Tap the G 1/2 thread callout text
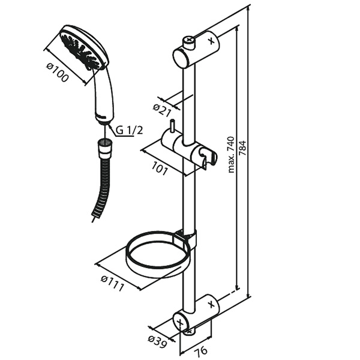click(x=129, y=130)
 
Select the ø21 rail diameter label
click(x=163, y=110)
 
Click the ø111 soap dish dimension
click(x=112, y=283)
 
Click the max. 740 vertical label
click(x=231, y=155)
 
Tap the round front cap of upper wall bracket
click(x=181, y=58)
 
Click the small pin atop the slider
click(x=172, y=126)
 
